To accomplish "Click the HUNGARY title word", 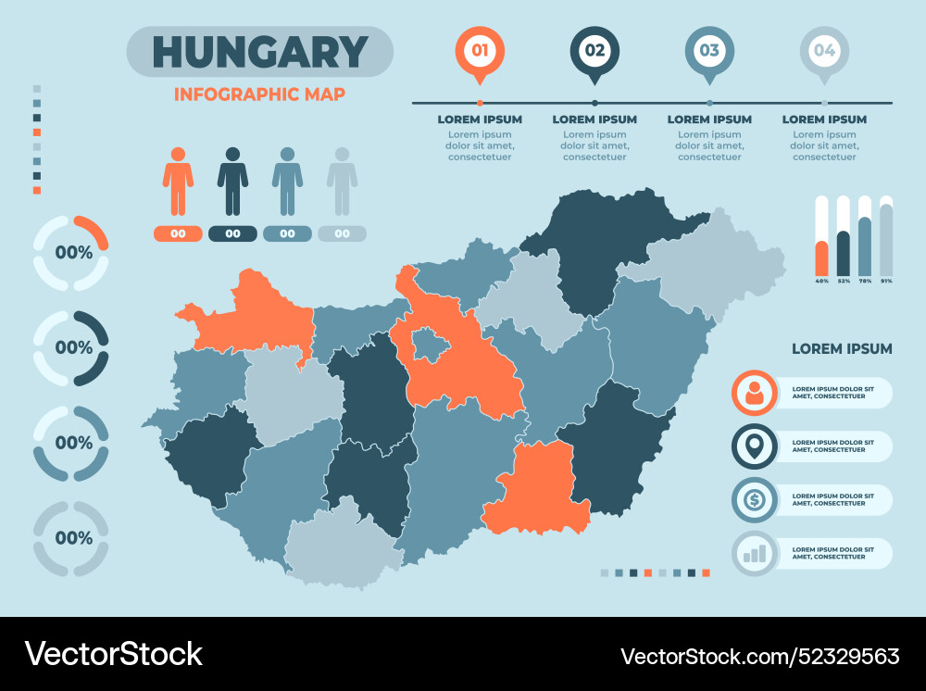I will pyautogui.click(x=259, y=52).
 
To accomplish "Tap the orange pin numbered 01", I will pyautogui.click(x=480, y=51).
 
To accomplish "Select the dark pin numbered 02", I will pyautogui.click(x=594, y=51).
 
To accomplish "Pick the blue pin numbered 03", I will pyautogui.click(x=709, y=51).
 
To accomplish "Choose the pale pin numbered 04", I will pyautogui.click(x=824, y=51).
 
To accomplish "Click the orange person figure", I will pyautogui.click(x=178, y=181).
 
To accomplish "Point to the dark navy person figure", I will pyautogui.click(x=232, y=181).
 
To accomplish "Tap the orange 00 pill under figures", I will pyautogui.click(x=178, y=233).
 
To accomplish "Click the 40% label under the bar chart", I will pyautogui.click(x=821, y=281).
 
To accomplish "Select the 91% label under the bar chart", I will pyautogui.click(x=887, y=281).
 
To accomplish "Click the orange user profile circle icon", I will pyautogui.click(x=755, y=393).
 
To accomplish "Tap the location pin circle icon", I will pyautogui.click(x=755, y=446).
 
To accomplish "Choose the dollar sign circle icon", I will pyautogui.click(x=755, y=500).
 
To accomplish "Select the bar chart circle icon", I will pyautogui.click(x=755, y=554).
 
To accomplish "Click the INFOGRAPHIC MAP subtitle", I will pyautogui.click(x=259, y=94).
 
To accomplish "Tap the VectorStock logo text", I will pyautogui.click(x=114, y=654).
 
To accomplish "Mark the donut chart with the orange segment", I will pyautogui.click(x=71, y=253).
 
